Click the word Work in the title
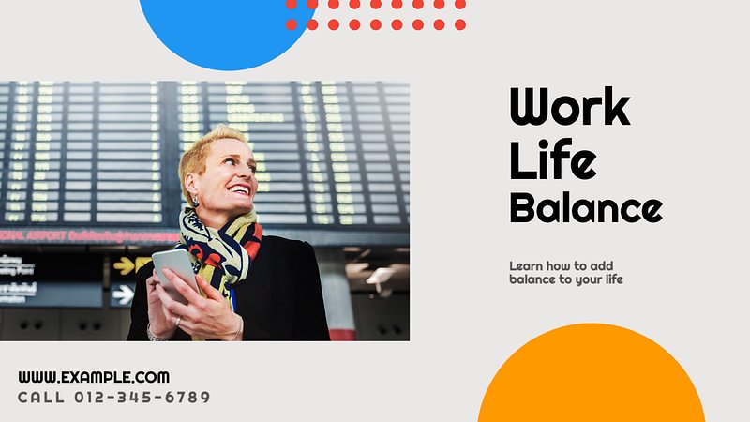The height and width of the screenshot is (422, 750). tap(570, 106)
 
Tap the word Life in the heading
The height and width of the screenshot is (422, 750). tap(553, 159)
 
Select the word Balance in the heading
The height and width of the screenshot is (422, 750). tap(586, 207)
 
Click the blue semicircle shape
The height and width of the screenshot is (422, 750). tap(228, 30)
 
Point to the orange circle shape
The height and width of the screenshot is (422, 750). tap(592, 378)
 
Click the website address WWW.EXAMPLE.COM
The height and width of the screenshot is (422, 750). tap(94, 377)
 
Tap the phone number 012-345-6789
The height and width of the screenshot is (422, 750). tap(142, 397)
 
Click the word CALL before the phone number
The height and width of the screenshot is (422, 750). tap(41, 397)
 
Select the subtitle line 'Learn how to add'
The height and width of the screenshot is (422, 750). tap(561, 266)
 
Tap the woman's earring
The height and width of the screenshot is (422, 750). tap(196, 201)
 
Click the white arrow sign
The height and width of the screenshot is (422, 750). tap(124, 294)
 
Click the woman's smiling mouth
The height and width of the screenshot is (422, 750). tap(240, 190)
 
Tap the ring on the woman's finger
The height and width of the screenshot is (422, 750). tap(178, 321)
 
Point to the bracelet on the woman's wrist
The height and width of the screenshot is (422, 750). tap(154, 334)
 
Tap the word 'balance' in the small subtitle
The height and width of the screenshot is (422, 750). tap(530, 279)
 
